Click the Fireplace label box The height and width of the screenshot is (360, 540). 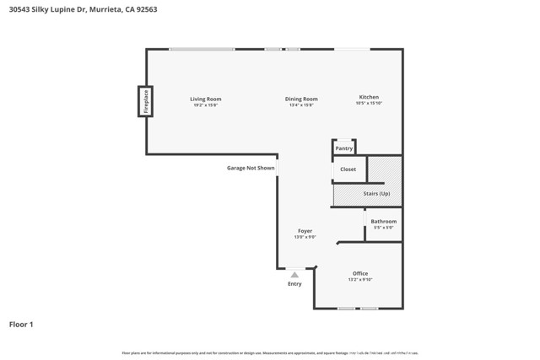pyautogui.click(x=145, y=101)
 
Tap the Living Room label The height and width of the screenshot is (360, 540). pyautogui.click(x=205, y=99)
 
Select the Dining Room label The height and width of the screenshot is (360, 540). pyautogui.click(x=301, y=99)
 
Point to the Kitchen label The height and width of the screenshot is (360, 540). pyautogui.click(x=369, y=97)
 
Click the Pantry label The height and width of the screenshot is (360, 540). pyautogui.click(x=344, y=148)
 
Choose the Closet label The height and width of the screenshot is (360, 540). pyautogui.click(x=348, y=169)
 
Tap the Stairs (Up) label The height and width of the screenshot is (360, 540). pyautogui.click(x=376, y=194)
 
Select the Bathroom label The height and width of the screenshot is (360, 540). pyautogui.click(x=383, y=222)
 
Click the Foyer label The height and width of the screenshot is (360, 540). pyautogui.click(x=305, y=231)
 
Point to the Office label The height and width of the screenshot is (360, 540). pyautogui.click(x=360, y=273)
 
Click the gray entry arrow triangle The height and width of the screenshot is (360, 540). pyautogui.click(x=294, y=275)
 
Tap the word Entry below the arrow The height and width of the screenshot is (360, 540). pyautogui.click(x=294, y=284)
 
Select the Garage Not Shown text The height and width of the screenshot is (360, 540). pyautogui.click(x=251, y=168)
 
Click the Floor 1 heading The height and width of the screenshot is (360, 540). pyautogui.click(x=21, y=325)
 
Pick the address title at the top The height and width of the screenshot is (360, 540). pyautogui.click(x=83, y=10)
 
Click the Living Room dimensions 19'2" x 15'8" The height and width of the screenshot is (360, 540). pyautogui.click(x=205, y=105)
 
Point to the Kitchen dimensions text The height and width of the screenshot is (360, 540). pyautogui.click(x=369, y=104)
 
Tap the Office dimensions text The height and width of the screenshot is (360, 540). pyautogui.click(x=360, y=280)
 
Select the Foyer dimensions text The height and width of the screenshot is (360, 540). pyautogui.click(x=305, y=238)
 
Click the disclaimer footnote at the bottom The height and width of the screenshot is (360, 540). pyautogui.click(x=270, y=353)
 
